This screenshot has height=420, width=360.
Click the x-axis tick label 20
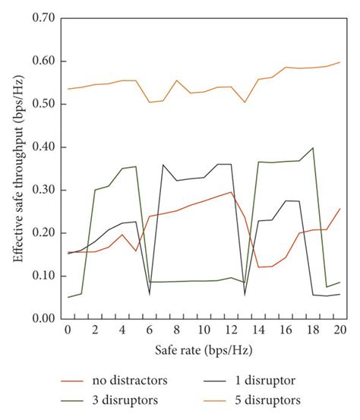tap(339, 331)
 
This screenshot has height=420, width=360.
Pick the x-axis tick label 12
tap(231, 331)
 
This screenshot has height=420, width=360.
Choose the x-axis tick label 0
tap(68, 331)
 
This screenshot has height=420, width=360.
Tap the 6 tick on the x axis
tap(150, 331)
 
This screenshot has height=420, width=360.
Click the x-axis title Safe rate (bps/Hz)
tap(204, 352)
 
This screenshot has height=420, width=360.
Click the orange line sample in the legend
tap(220, 399)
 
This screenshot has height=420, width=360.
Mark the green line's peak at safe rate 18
tap(312, 148)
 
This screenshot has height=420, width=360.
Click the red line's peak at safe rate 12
tap(231, 191)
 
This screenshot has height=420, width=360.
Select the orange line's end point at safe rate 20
tap(339, 62)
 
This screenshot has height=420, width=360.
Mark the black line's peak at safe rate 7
tap(163, 164)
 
